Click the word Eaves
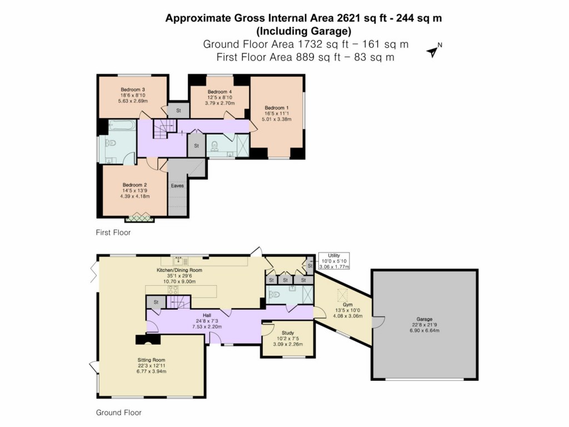click(178, 186)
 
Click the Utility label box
click(334, 261)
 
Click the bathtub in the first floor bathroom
click(122, 125)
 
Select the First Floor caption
click(113, 232)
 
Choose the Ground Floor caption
click(118, 413)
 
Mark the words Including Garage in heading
click(303, 31)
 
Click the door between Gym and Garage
click(373, 322)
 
